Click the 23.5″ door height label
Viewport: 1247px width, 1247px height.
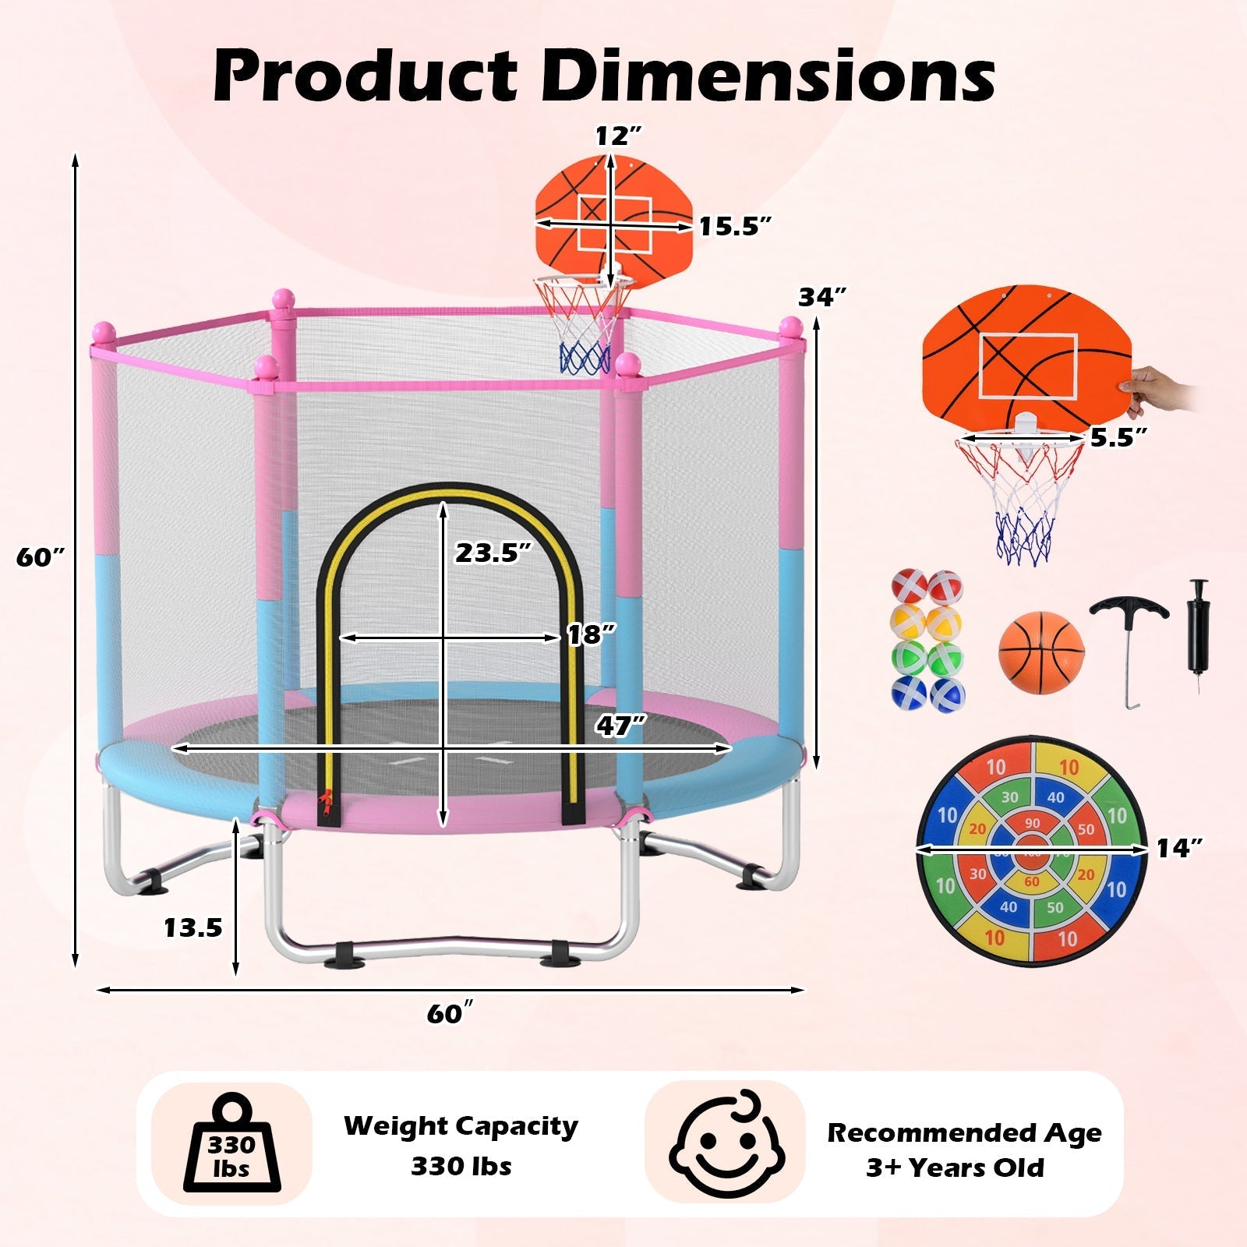pos(493,553)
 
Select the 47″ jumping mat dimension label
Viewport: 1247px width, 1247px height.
pos(621,726)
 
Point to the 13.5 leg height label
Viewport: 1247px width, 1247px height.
pos(193,927)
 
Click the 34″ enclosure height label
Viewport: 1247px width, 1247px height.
pos(822,297)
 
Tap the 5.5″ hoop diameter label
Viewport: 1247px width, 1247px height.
pos(1119,438)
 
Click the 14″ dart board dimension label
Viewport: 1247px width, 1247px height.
pos(1179,848)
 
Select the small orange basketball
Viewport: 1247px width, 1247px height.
pos(1041,654)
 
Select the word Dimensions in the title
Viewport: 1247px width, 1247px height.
pos(769,76)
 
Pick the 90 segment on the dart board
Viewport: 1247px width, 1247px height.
pos(1032,824)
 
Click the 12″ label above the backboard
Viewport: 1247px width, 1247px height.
pos(618,136)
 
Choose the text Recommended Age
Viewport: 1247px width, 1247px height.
pos(964,1132)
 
